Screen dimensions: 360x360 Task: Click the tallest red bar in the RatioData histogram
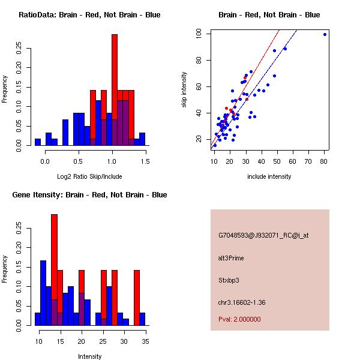pos(115,90)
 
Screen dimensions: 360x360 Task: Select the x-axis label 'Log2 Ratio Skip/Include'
pos(89,176)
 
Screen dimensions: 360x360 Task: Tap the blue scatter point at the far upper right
pos(325,34)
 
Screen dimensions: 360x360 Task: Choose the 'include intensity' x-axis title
pos(269,176)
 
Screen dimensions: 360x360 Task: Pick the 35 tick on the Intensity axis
pos(145,341)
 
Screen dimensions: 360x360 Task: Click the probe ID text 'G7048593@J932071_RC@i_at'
pos(263,235)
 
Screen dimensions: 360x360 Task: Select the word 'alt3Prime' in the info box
pos(231,258)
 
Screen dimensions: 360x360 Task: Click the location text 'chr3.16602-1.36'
pos(242,302)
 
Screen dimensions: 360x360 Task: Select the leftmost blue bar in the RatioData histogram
pos(37,142)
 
